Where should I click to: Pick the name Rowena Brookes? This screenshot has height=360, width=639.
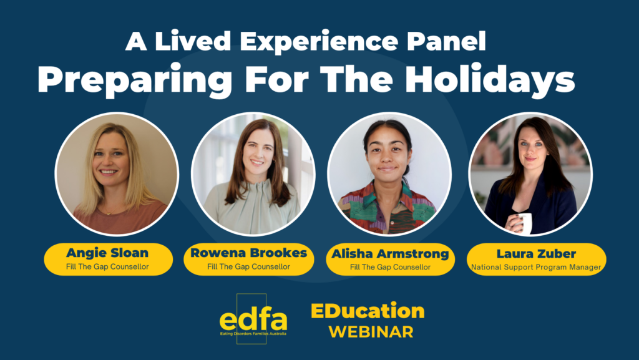click(x=248, y=253)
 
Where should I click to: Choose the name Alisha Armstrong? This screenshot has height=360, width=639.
click(x=391, y=254)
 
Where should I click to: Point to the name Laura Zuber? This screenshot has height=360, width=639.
click(x=536, y=254)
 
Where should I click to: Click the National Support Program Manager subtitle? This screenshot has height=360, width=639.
click(x=536, y=267)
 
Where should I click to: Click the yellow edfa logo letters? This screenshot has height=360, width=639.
click(x=253, y=319)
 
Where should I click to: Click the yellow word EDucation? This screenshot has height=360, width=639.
click(x=368, y=311)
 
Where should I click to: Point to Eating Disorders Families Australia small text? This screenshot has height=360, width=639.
click(x=253, y=334)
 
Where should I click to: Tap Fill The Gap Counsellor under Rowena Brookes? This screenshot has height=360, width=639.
click(x=248, y=267)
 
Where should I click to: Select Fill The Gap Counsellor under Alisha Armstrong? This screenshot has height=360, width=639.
click(x=391, y=267)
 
